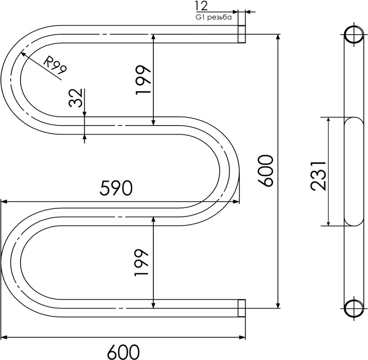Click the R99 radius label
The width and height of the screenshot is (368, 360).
[55, 65]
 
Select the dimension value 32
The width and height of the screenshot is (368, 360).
[76, 98]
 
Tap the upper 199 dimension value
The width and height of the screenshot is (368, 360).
[143, 80]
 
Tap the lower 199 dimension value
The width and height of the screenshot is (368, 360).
[141, 262]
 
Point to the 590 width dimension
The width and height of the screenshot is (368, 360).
[116, 189]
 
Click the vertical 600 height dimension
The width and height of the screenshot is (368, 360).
[265, 171]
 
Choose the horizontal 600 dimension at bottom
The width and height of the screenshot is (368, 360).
[123, 352]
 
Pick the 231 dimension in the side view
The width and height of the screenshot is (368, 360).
[318, 175]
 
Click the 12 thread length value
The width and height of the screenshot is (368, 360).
[202, 6]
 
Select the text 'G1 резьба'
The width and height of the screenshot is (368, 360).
[213, 17]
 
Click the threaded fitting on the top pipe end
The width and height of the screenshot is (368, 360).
[242, 34]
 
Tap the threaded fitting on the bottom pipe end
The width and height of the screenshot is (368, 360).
[242, 308]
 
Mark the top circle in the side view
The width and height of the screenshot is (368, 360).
[354, 35]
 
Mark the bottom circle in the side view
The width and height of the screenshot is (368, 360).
[354, 308]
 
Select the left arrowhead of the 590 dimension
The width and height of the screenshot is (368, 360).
[4, 202]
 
